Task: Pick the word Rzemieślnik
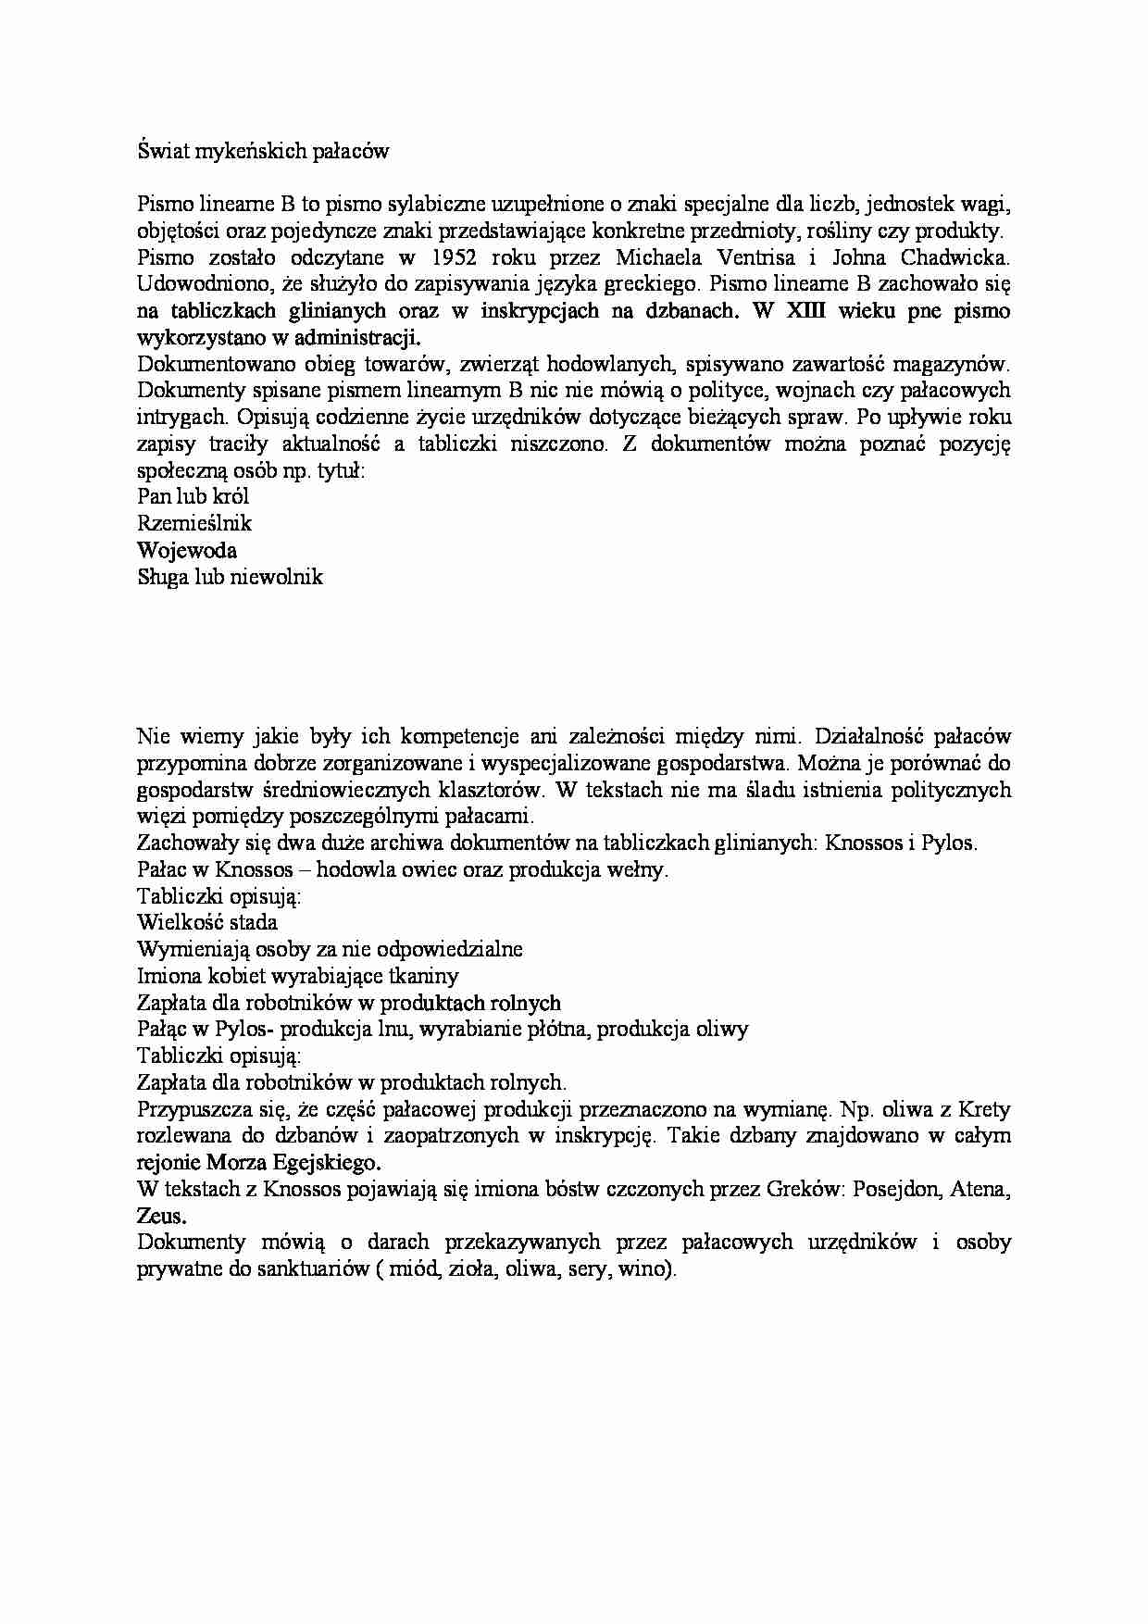click(x=193, y=523)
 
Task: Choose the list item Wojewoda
click(x=186, y=550)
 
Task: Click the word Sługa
click(x=162, y=577)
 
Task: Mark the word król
click(x=231, y=496)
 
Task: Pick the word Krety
click(x=984, y=1109)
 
